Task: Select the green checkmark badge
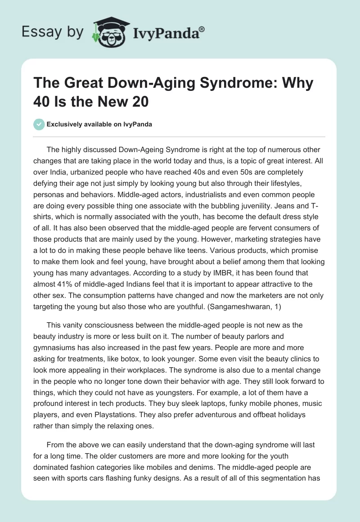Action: [39, 124]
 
